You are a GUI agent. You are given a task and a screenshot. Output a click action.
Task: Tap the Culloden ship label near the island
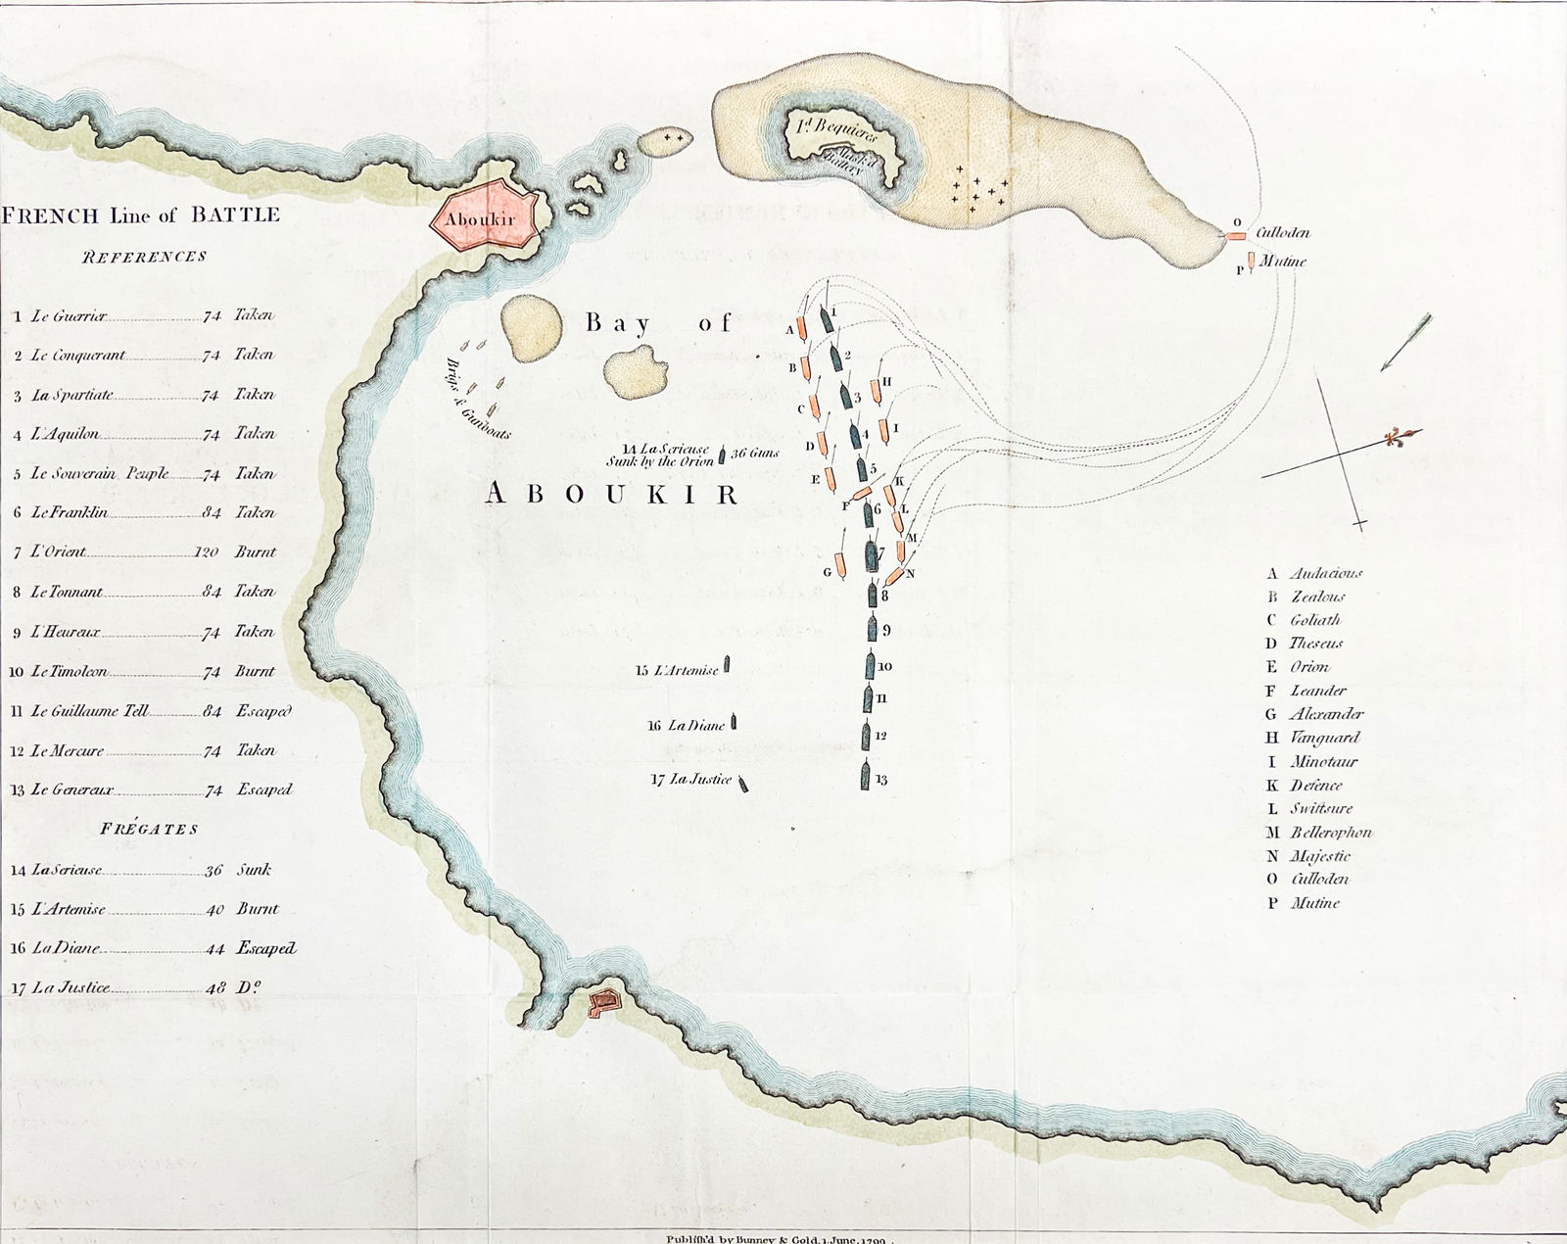point(1282,233)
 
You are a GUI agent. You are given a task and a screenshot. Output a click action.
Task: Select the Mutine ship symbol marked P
point(1252,262)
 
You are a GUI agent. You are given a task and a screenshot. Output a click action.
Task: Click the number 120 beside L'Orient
point(206,552)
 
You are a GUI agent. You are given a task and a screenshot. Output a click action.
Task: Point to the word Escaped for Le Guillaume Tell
point(263,712)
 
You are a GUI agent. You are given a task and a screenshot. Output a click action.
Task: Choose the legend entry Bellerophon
point(1330,833)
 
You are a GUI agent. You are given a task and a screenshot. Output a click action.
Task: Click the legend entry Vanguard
point(1324,738)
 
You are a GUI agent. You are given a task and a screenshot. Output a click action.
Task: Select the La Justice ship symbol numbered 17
point(744,783)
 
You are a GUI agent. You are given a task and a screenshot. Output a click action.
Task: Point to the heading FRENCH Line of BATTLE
point(141,215)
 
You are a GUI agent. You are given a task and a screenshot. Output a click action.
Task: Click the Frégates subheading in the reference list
point(149,829)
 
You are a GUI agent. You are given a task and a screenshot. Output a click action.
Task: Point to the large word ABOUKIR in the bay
point(611,495)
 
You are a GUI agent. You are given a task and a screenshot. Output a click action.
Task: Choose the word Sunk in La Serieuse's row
point(254,870)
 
